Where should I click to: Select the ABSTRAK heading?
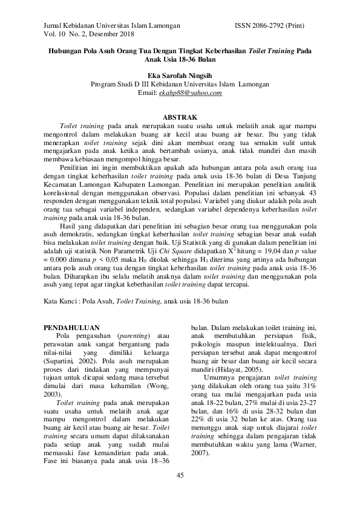[x=179, y=116]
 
